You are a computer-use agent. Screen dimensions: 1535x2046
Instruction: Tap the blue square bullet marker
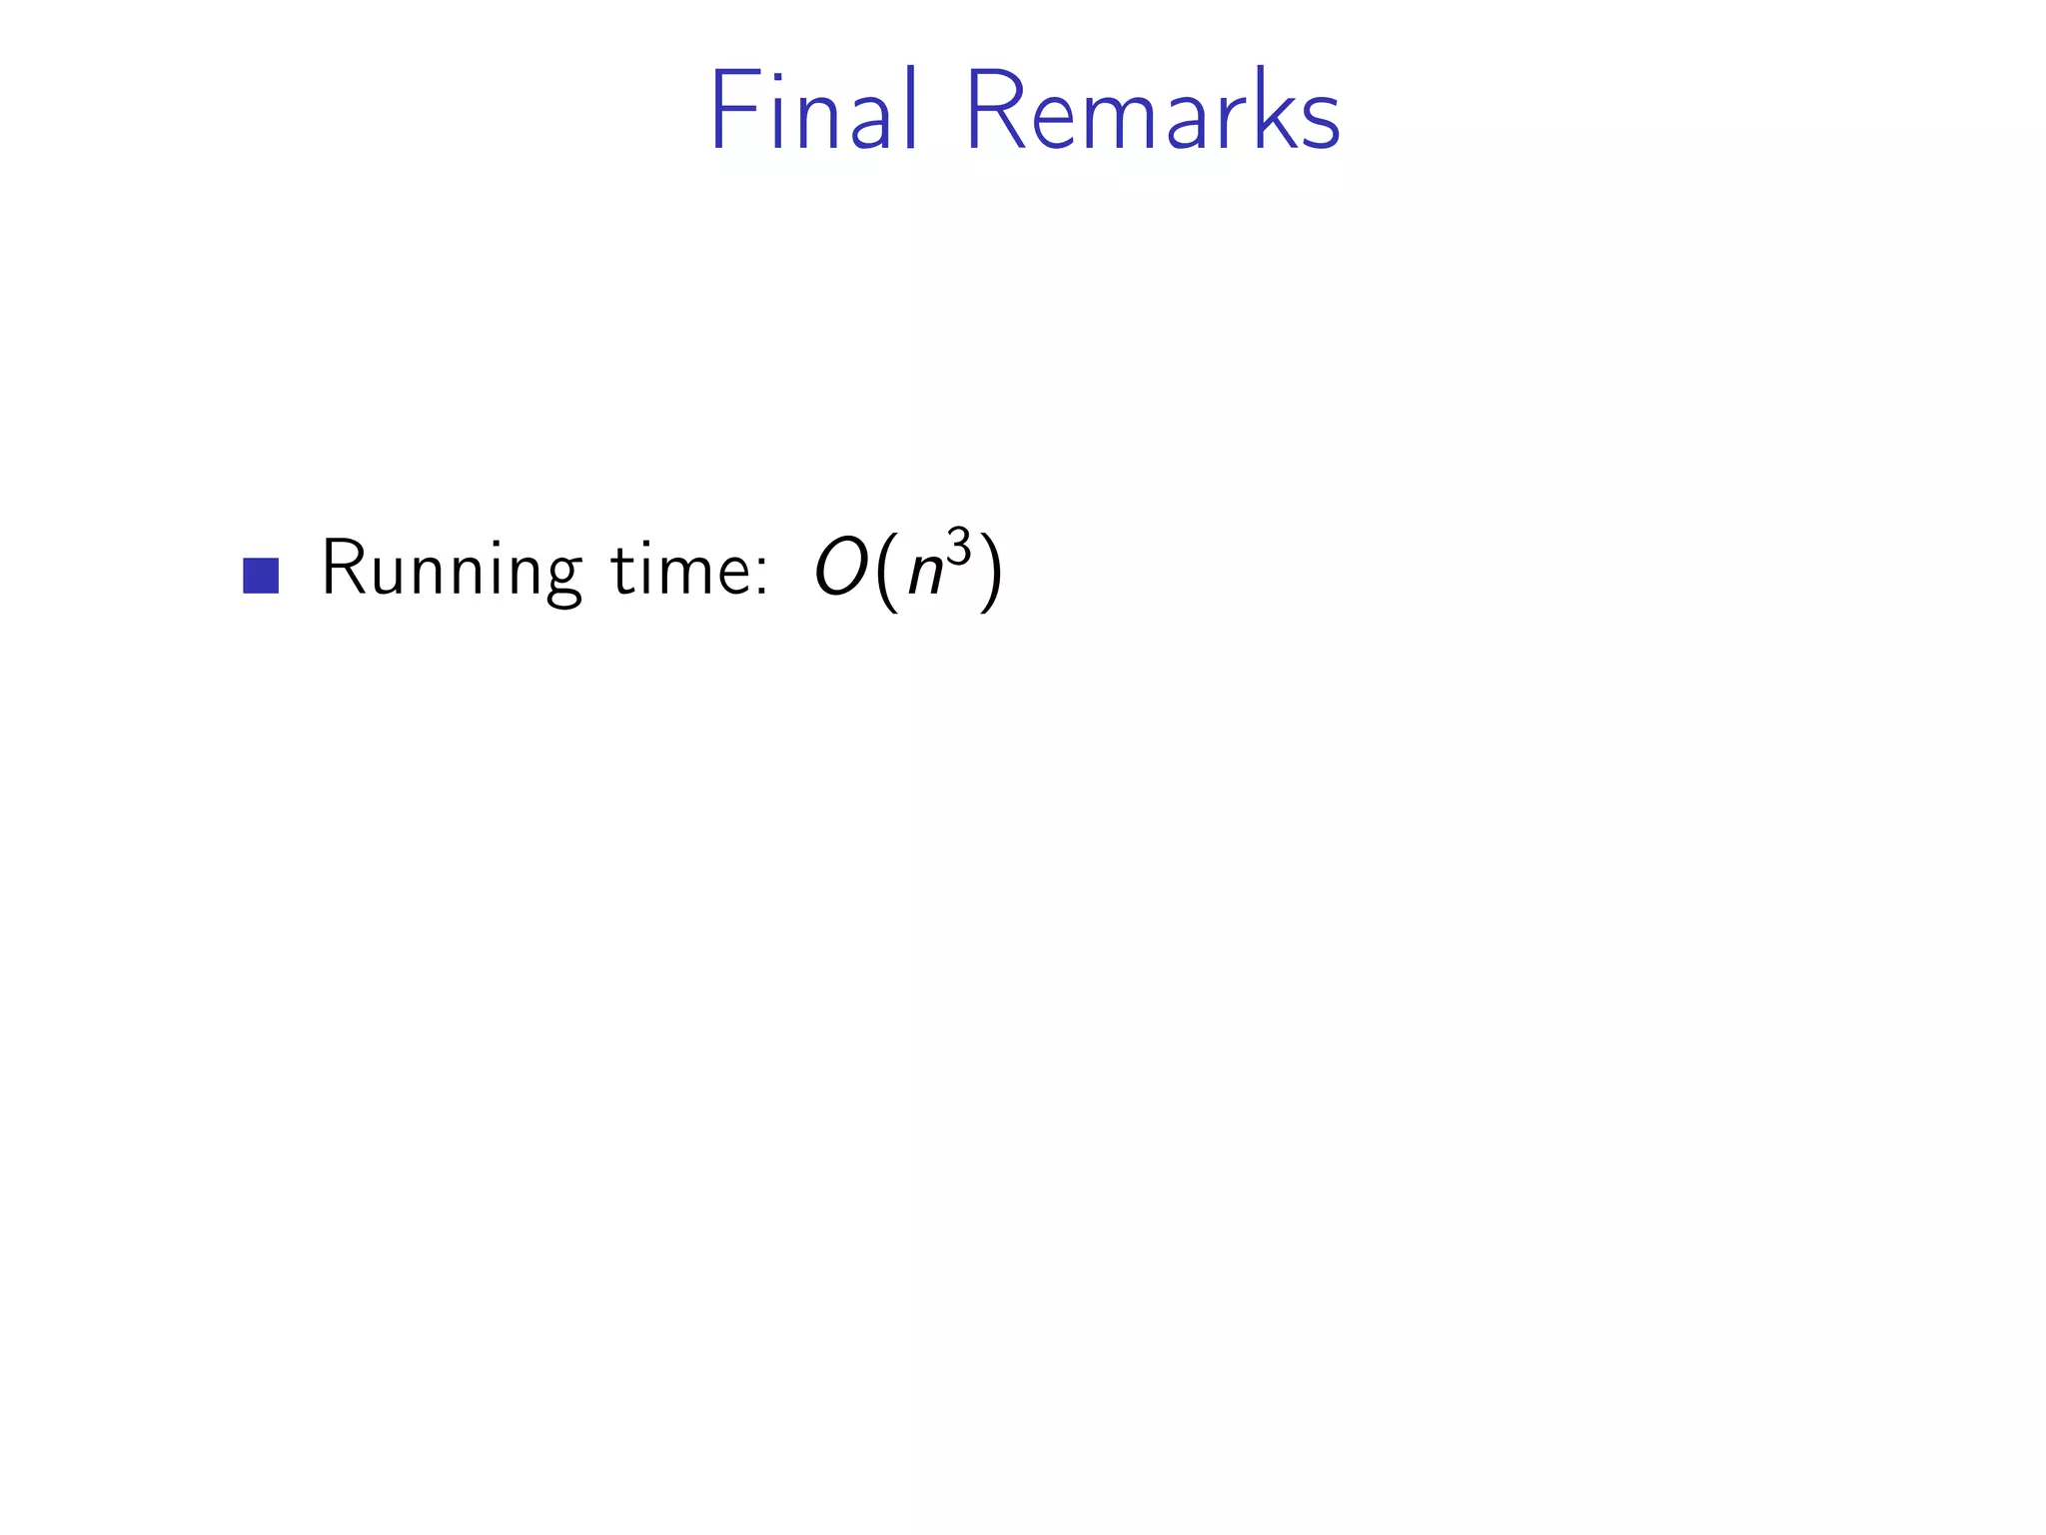[261, 576]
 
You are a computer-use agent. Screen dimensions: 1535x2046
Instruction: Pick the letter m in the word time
[688, 578]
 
